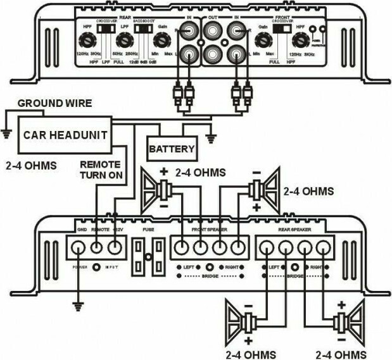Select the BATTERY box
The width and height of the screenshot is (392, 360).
(171, 151)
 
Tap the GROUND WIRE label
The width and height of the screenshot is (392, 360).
(54, 103)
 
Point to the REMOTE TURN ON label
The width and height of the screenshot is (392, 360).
(101, 169)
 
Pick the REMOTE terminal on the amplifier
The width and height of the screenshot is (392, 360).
(98, 247)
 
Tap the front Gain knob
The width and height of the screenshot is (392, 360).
(262, 41)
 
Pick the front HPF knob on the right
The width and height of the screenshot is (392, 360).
(298, 41)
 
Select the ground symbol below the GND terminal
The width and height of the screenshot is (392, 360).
(78, 306)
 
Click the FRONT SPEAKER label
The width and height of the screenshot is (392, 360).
(210, 231)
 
